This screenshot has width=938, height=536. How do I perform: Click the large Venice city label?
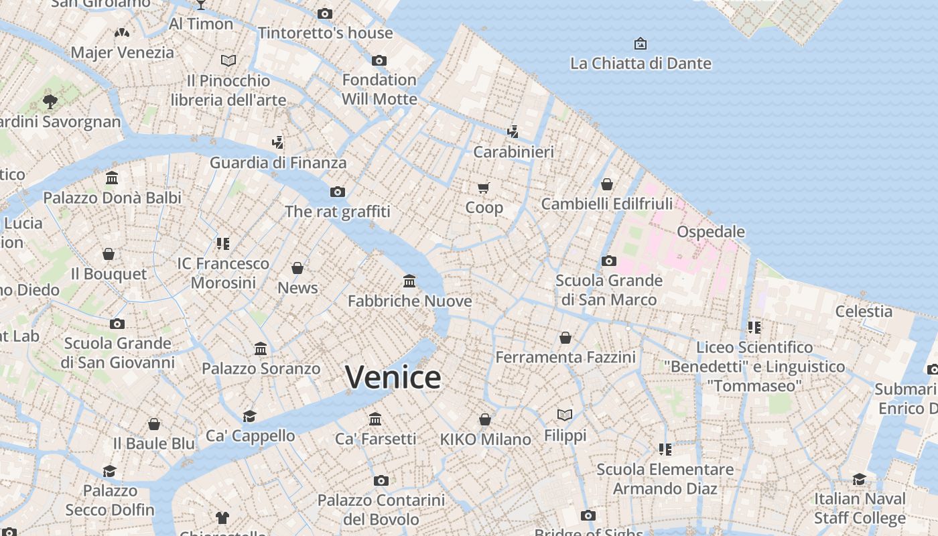click(x=393, y=377)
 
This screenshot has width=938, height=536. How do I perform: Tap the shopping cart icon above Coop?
click(x=484, y=188)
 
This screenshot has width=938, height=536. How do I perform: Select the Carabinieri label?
click(x=513, y=152)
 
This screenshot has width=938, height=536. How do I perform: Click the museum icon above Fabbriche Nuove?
click(x=409, y=281)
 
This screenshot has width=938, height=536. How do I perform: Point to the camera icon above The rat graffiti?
click(x=338, y=192)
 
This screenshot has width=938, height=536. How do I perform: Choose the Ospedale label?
click(x=710, y=232)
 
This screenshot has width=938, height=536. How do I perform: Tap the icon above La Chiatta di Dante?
click(x=641, y=44)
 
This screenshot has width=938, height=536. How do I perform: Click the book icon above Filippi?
click(x=565, y=415)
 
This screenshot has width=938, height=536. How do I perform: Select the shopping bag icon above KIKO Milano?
click(x=485, y=419)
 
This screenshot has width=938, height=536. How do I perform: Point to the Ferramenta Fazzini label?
click(x=565, y=357)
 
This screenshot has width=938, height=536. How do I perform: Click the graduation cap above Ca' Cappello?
click(x=250, y=416)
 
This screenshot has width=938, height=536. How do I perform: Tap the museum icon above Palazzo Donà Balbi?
click(x=112, y=178)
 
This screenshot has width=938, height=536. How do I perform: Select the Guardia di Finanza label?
click(x=278, y=163)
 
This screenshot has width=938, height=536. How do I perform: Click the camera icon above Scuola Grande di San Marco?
click(x=608, y=261)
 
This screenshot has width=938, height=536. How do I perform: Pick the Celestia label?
click(x=863, y=312)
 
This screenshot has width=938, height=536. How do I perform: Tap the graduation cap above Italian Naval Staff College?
click(x=860, y=479)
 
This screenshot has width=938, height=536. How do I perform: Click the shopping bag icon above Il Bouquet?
click(x=109, y=254)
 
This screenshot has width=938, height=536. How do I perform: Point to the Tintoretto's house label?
click(x=325, y=33)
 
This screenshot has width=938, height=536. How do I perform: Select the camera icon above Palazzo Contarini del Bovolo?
click(x=381, y=480)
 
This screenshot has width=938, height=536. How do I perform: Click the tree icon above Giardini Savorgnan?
click(x=50, y=102)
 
